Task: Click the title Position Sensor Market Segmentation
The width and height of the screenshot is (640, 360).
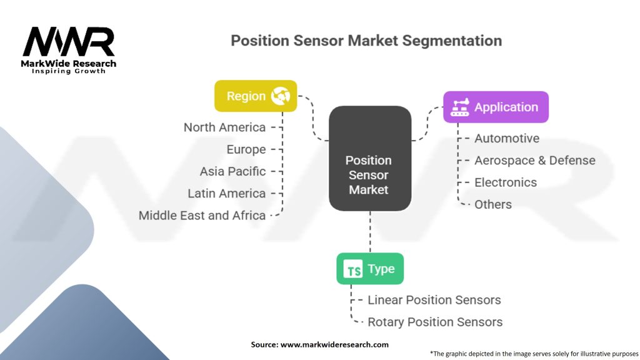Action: tap(366, 41)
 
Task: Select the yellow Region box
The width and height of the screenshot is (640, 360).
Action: tap(255, 96)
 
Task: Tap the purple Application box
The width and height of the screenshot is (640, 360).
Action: tap(496, 107)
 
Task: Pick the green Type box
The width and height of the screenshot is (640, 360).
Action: tap(370, 269)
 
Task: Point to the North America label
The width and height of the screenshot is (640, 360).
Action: tap(224, 127)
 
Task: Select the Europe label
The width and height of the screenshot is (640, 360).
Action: tap(246, 149)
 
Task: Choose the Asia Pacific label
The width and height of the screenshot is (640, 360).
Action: tap(232, 171)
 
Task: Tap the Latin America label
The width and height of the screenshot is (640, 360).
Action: tap(226, 194)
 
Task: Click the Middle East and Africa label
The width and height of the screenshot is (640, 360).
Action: tap(202, 216)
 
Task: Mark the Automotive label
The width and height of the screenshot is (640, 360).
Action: tap(506, 139)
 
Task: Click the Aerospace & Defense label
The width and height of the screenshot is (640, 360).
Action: tap(534, 161)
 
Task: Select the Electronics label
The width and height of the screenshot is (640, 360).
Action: tap(505, 182)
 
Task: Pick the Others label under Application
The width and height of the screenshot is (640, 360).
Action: tap(492, 204)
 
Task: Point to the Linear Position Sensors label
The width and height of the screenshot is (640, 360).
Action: tap(434, 300)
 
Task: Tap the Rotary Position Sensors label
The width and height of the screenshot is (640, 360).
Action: tap(434, 322)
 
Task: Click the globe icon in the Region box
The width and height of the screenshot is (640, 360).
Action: tap(281, 96)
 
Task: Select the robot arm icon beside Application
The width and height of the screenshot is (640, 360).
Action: tap(459, 107)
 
